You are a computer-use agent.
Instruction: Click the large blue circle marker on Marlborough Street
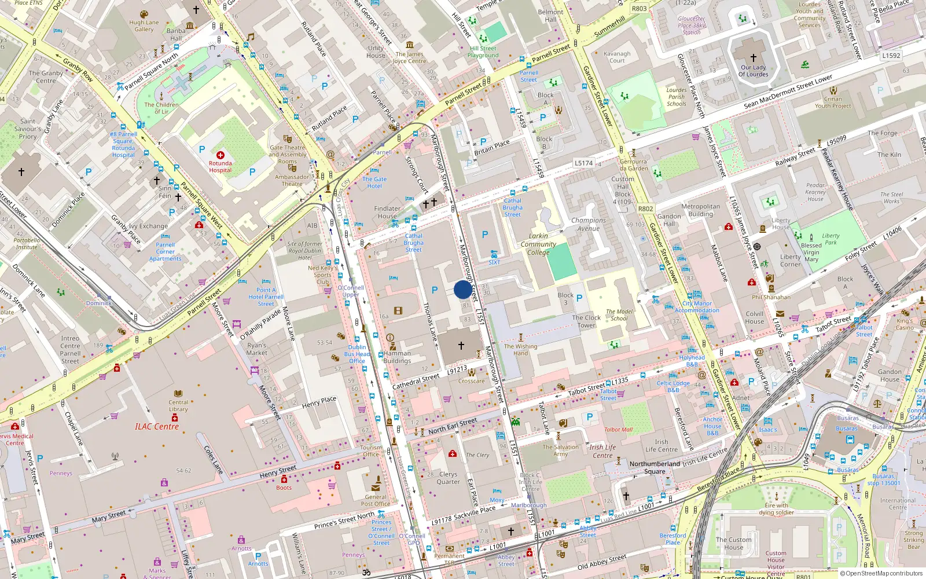coord(462,289)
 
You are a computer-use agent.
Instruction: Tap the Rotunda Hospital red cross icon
coord(221,155)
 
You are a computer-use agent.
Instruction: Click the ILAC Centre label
coord(157,427)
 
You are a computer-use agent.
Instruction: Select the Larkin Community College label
coord(538,244)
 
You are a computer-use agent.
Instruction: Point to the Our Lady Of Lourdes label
coord(754,71)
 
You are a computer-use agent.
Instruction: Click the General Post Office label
coord(376,500)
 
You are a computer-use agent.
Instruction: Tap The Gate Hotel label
coord(374,182)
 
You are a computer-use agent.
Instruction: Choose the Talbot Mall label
coord(618,430)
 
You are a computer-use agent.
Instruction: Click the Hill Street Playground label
coord(483,52)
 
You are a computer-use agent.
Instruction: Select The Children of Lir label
coord(161,108)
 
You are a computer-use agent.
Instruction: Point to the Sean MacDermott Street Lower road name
coord(788,91)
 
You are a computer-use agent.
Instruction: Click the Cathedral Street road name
coord(416,382)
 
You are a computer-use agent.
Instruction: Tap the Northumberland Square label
coord(655,467)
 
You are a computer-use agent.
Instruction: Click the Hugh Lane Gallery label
coord(144,26)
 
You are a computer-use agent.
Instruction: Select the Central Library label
coord(178,405)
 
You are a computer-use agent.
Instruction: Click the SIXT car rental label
coord(494,262)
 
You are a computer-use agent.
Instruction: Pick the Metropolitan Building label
coord(701,210)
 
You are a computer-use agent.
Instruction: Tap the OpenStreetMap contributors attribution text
coord(881,573)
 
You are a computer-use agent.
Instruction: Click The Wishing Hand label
coord(520,350)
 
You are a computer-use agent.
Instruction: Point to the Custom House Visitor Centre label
coord(776,563)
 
